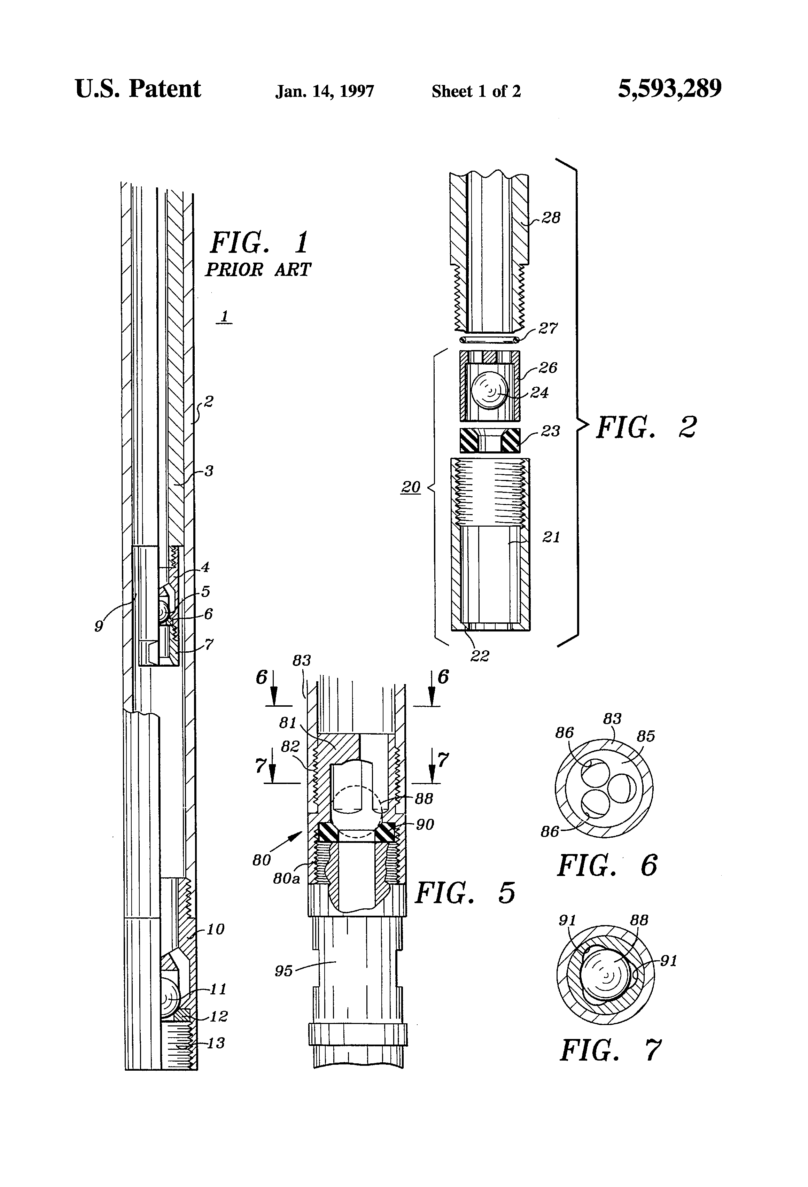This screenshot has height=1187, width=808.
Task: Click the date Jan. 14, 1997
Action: (325, 91)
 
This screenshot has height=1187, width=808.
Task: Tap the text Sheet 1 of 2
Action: (476, 91)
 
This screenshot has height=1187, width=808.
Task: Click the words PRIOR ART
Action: (258, 270)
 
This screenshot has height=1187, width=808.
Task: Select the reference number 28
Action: (551, 218)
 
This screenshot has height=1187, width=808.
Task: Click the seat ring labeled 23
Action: (490, 440)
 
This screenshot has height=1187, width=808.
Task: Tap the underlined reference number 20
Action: (411, 487)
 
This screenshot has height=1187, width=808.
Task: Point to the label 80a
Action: (286, 878)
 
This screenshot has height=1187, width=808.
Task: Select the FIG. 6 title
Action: (607, 865)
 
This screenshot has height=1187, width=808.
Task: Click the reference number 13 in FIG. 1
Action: (216, 1042)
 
